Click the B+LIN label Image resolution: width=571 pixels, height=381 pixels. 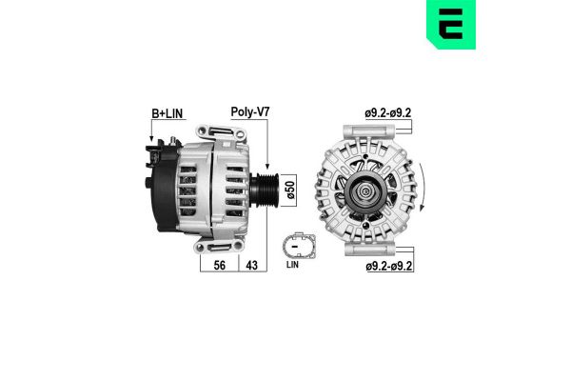(169, 113)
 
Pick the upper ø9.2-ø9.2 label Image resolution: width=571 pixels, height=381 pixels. (387, 113)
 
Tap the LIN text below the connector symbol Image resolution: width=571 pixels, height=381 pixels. (294, 268)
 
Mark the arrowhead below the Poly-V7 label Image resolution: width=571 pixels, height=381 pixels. (268, 163)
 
